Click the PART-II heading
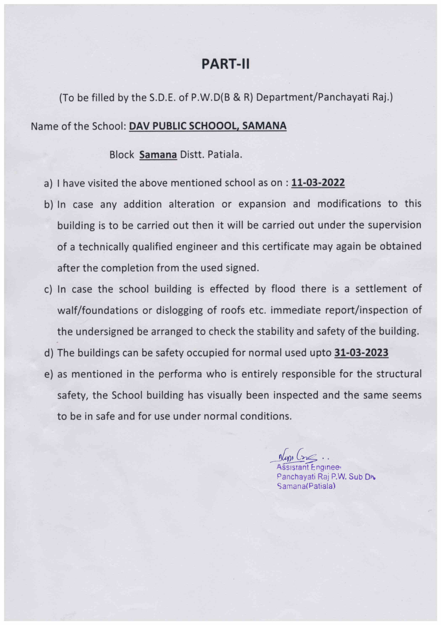point(225,64)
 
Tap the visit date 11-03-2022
point(318,183)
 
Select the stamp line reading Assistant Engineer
point(308,467)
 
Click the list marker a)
point(48,183)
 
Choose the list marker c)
point(48,289)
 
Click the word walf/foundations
point(97,310)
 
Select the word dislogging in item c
point(179,310)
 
